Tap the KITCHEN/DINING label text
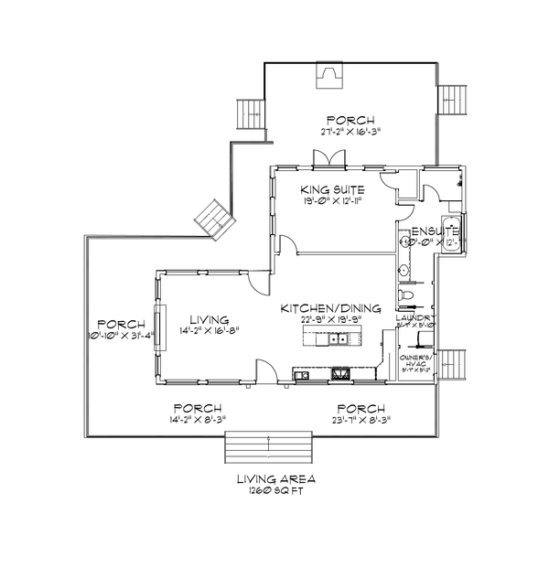click(331, 309)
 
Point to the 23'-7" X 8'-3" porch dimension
click(360, 420)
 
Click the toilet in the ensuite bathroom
click(408, 296)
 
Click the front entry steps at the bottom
click(271, 449)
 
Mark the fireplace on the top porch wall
click(328, 77)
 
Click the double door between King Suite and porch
click(326, 162)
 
